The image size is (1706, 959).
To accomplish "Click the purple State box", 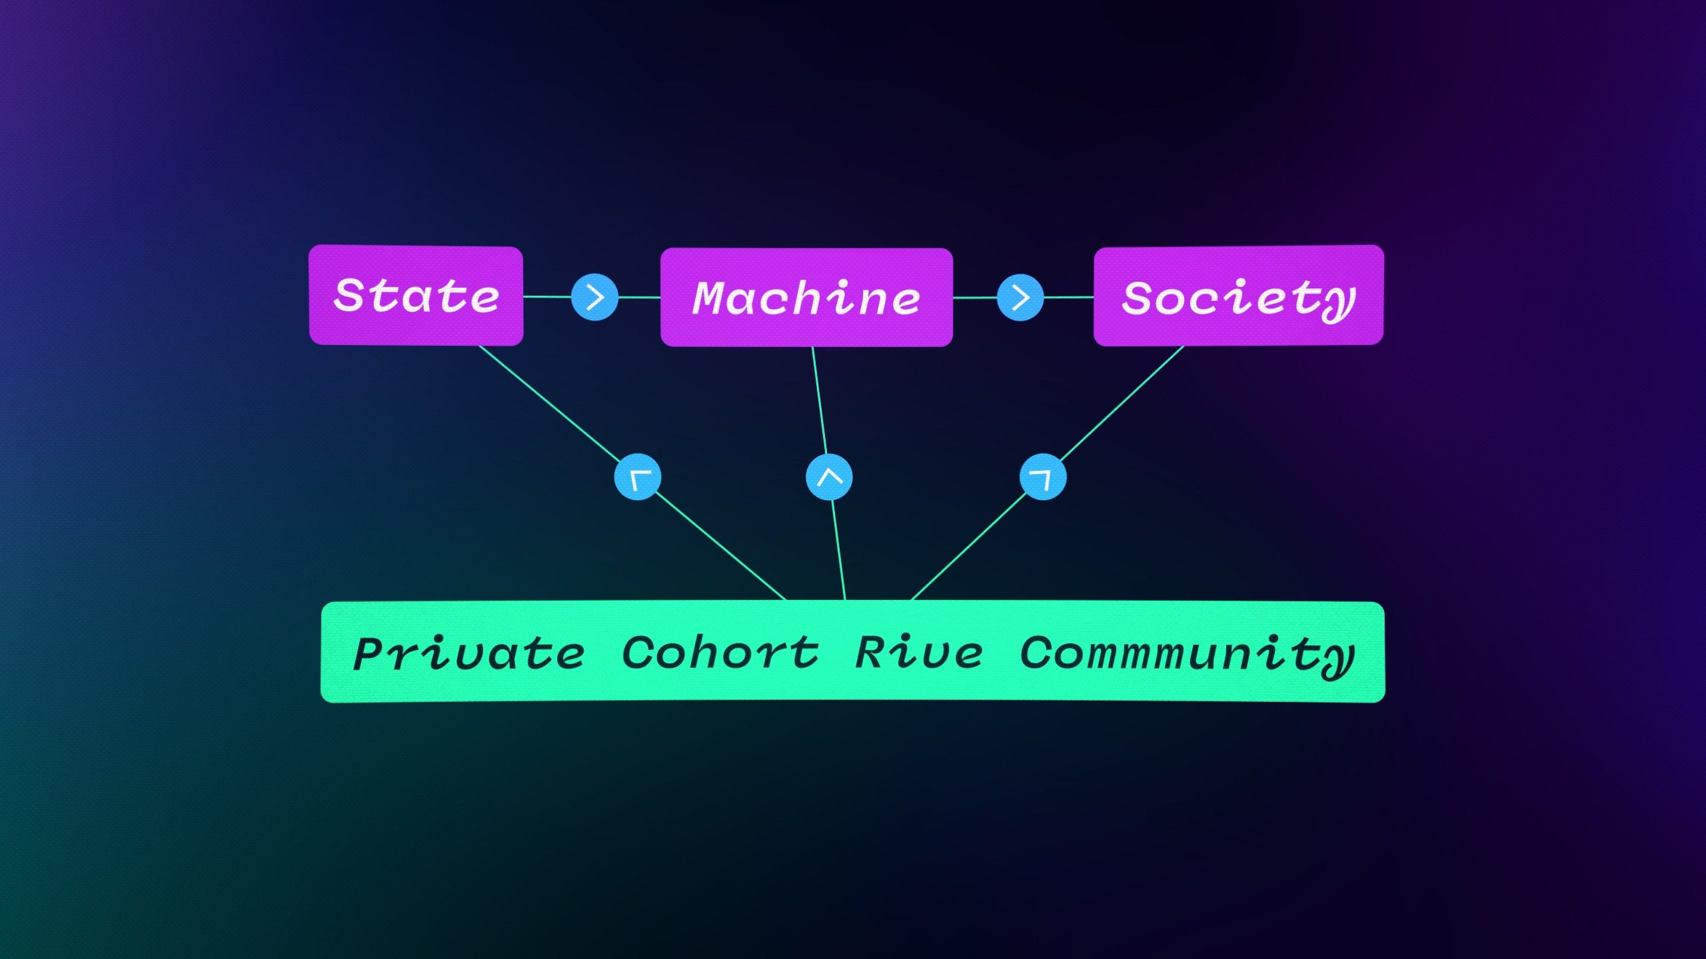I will click(x=416, y=296).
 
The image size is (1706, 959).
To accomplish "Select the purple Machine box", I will click(x=806, y=297).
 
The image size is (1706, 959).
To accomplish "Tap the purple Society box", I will click(x=1238, y=296).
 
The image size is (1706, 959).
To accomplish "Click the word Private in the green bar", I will click(x=469, y=654).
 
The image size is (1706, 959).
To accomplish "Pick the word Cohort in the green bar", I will click(x=720, y=653).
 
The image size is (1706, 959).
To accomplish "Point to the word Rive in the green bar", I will click(x=918, y=653).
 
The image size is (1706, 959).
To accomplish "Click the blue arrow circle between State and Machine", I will click(x=594, y=297).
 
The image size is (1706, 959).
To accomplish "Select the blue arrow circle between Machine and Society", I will click(x=1020, y=297).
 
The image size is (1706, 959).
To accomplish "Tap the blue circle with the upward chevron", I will click(x=829, y=477).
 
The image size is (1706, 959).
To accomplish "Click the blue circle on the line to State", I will click(x=638, y=477).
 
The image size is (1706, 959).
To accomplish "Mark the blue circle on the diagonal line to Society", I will click(x=1043, y=477).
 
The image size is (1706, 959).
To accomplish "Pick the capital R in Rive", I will click(x=870, y=653).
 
